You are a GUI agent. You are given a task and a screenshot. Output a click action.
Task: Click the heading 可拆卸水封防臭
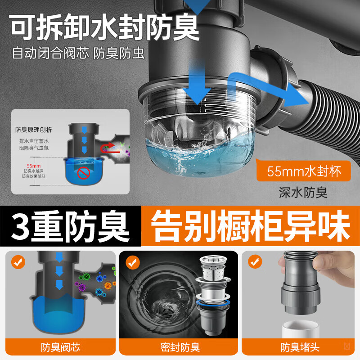(104, 28)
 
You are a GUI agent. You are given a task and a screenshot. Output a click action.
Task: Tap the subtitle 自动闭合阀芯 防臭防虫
(78, 54)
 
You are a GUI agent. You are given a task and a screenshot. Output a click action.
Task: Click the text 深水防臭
(303, 193)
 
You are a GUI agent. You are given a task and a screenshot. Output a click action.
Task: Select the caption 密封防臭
(180, 347)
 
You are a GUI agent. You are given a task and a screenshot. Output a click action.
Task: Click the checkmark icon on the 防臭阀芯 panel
(18, 262)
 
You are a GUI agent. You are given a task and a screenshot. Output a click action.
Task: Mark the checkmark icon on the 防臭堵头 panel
(255, 262)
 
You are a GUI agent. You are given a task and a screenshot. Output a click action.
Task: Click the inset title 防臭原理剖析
(34, 130)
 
